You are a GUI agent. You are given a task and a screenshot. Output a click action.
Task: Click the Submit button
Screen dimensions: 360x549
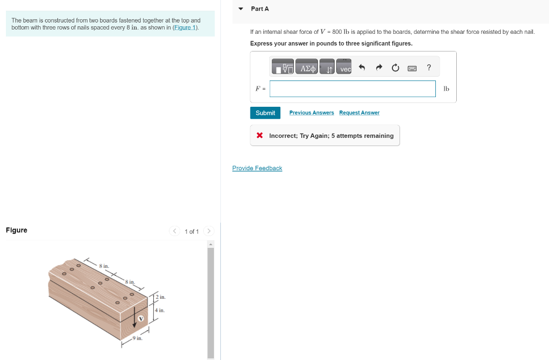click(265, 113)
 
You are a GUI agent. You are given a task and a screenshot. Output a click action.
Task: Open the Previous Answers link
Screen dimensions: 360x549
click(311, 113)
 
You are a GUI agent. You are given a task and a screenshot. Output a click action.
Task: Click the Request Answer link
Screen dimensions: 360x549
click(359, 113)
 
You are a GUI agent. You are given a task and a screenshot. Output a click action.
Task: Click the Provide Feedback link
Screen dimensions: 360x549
click(257, 168)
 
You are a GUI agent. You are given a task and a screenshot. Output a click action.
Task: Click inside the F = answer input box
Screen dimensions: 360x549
click(352, 89)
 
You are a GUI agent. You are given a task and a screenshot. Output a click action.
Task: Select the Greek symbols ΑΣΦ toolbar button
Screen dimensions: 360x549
click(308, 68)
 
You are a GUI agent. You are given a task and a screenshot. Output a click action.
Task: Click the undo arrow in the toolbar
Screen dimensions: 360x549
click(361, 68)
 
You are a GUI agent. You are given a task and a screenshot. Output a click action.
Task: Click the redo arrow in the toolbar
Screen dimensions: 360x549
click(379, 68)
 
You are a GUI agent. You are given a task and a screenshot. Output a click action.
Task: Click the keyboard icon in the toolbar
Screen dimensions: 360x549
click(412, 68)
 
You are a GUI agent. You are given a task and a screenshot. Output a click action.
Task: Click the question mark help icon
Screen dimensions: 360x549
click(428, 68)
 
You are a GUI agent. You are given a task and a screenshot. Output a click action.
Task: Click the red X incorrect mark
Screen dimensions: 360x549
click(259, 136)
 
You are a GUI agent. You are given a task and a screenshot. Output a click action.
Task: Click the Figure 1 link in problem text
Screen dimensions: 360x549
click(185, 27)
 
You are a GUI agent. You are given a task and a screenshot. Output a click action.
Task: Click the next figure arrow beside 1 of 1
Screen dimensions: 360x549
click(209, 231)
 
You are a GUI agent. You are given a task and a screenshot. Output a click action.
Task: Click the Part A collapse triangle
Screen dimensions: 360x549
click(241, 9)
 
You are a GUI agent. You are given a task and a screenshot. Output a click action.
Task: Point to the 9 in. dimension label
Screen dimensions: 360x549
click(138, 338)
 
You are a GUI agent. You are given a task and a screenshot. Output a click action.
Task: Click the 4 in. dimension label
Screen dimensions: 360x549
click(160, 310)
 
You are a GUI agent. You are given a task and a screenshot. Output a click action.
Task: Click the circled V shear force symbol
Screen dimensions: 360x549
click(142, 319)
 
